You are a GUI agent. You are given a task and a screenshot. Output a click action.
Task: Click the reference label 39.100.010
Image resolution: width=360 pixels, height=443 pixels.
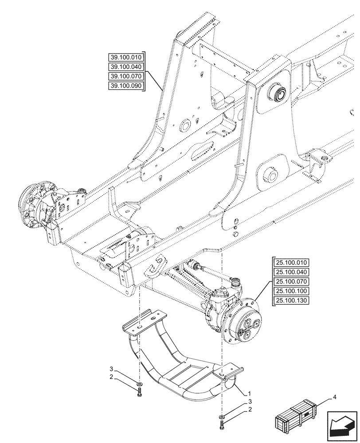126,57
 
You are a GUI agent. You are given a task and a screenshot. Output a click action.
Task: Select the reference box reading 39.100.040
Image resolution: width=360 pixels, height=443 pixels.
126,66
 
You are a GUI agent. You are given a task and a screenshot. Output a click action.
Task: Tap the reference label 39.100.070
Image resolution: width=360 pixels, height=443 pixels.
126,76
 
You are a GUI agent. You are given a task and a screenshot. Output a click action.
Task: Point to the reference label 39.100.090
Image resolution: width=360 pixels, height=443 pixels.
126,85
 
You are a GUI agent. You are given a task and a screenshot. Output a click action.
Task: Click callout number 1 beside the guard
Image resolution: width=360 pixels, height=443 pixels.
250,393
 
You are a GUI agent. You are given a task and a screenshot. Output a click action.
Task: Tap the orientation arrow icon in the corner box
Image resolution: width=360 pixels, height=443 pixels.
342,426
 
